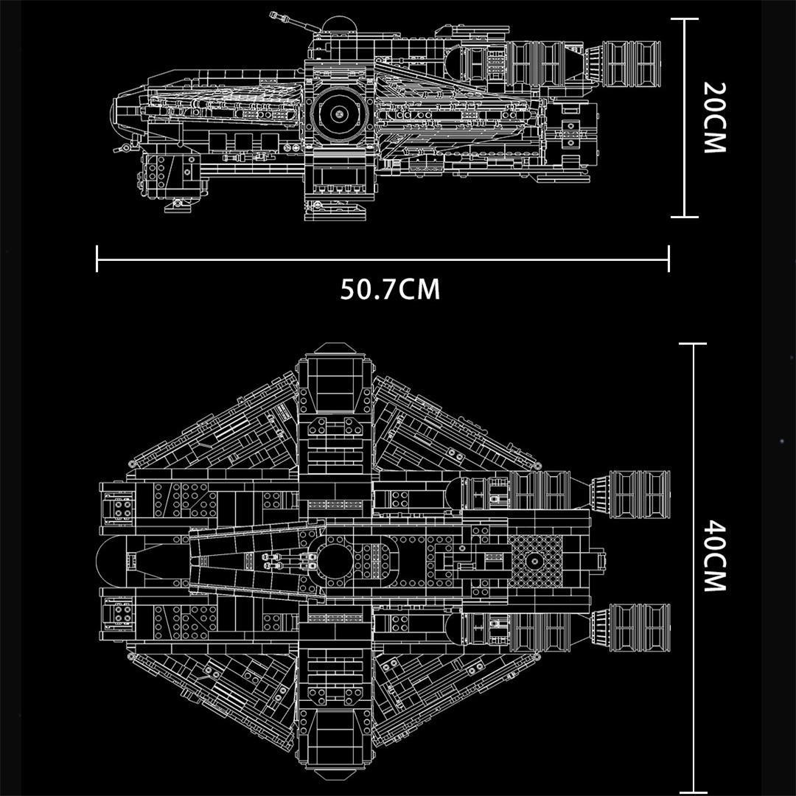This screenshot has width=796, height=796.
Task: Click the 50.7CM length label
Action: pos(390,289)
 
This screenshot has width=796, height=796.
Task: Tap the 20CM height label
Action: pos(715,117)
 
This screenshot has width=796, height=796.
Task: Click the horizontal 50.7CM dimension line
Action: pos(383,259)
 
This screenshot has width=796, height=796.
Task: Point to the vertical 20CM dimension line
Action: pos(684,118)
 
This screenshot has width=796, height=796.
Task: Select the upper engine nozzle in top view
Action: pos(630,494)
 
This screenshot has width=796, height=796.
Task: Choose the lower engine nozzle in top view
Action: pos(630,627)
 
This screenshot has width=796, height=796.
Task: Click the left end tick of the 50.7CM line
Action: pos(97,259)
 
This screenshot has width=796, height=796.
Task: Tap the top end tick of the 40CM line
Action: pos(692,343)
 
